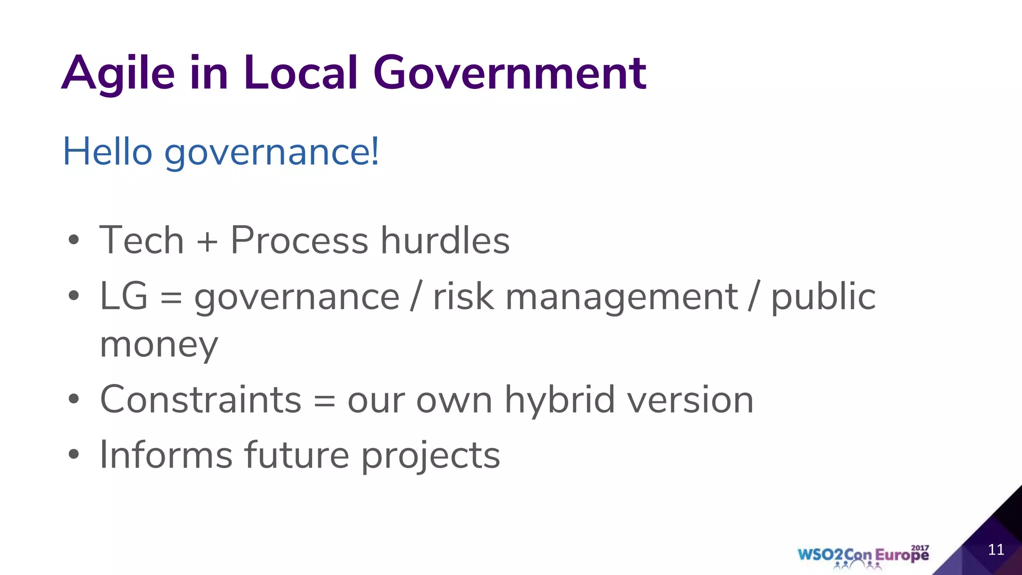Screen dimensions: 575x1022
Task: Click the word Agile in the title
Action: (118, 74)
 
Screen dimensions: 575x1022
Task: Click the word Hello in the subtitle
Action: (107, 151)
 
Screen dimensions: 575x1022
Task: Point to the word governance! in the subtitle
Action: (272, 152)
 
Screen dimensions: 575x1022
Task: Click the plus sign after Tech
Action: (207, 242)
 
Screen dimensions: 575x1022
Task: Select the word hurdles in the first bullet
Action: (445, 241)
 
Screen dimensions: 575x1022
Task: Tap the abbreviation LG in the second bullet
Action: (124, 296)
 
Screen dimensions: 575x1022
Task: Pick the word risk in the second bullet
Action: (464, 296)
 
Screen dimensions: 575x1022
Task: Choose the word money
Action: (159, 345)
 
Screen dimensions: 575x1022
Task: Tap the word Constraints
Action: (201, 400)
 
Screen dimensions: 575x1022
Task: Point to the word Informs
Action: (166, 455)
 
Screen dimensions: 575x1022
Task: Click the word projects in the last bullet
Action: (430, 456)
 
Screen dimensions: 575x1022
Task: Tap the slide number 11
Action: (996, 550)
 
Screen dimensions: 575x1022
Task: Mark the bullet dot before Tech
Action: (74, 241)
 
